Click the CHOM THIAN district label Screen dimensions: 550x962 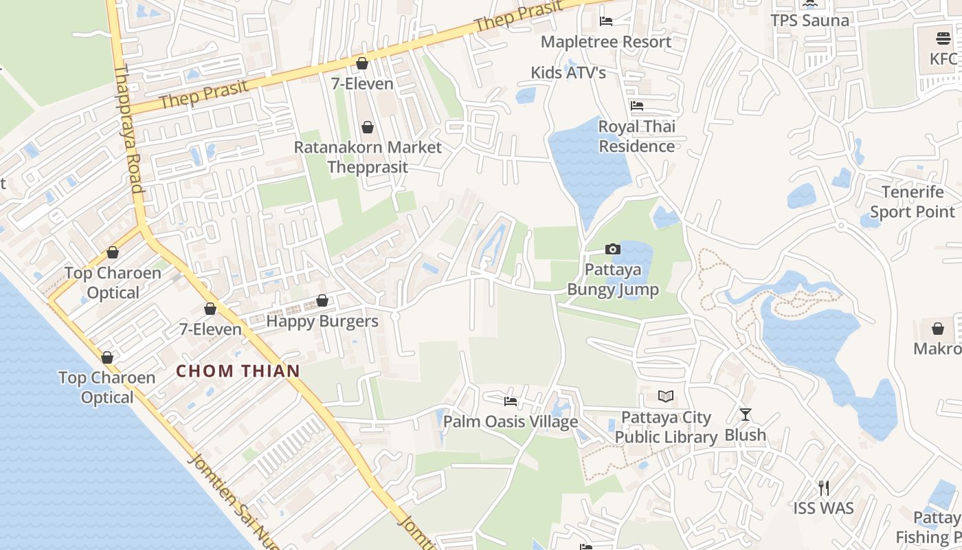238,371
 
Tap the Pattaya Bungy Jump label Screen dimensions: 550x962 612,279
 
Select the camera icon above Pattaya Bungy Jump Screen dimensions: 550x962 612,249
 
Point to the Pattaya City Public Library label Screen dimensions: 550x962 666,427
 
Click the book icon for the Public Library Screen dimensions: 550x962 666,396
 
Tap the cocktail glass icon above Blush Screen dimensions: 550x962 745,414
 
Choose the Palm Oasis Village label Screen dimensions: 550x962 511,421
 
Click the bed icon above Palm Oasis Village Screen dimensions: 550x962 511,401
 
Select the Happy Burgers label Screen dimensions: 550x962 322,321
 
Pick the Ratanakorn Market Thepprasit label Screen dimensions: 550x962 368,157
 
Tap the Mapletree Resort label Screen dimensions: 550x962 606,42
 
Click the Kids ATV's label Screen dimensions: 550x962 568,72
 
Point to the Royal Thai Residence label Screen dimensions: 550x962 637,136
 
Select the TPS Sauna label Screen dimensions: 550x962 810,21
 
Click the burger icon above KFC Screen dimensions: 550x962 943,38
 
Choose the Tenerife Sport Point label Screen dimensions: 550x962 913,201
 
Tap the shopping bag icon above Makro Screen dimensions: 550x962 938,329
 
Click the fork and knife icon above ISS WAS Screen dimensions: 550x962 824,488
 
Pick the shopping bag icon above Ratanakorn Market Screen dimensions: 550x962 368,127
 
